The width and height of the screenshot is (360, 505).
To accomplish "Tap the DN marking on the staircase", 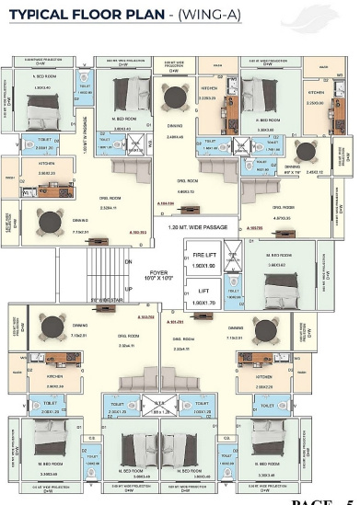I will pos(128,261).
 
